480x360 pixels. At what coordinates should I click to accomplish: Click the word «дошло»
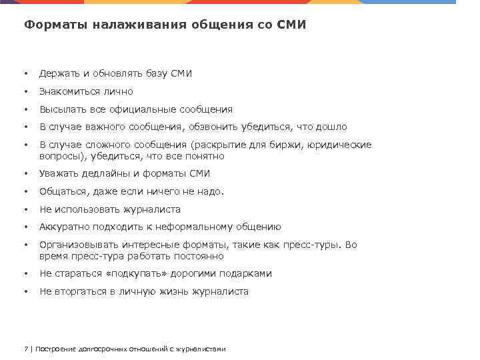coord(333,127)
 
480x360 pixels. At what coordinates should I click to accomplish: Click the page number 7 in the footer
coord(26,349)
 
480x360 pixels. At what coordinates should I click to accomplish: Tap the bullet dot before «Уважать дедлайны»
coord(25,174)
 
